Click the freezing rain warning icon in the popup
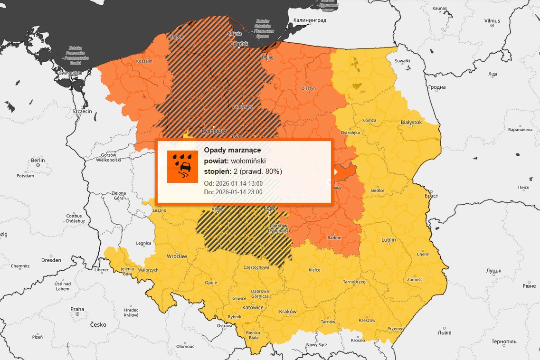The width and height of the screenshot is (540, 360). (182, 166)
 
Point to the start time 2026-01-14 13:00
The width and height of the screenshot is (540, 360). (239, 183)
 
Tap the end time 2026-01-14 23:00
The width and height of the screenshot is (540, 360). (239, 192)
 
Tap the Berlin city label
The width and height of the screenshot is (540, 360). (38, 161)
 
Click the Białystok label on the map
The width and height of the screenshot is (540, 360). (411, 122)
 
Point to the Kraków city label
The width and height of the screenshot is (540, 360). (288, 312)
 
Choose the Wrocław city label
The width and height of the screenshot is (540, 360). (177, 256)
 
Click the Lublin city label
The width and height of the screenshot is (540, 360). (388, 240)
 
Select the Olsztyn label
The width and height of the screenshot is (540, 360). (308, 88)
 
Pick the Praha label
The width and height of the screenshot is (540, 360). (77, 309)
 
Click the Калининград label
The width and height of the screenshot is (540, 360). (310, 20)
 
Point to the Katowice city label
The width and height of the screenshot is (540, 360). (253, 307)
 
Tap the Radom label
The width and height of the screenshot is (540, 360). (334, 237)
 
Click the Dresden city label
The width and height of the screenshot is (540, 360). (51, 260)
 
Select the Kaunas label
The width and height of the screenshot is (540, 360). (440, 9)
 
